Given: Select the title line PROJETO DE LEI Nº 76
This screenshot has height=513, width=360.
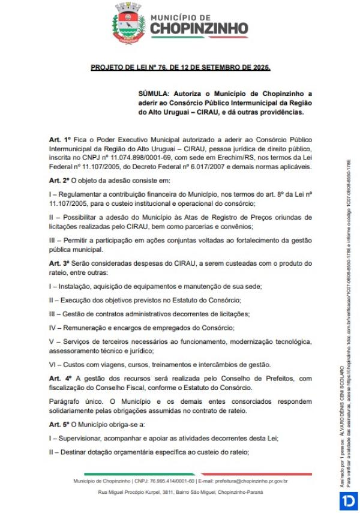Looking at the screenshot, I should tap(180, 68).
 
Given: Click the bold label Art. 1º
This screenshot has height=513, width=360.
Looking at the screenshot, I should tap(60, 139).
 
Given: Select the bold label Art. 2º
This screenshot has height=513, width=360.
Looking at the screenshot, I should tap(60, 180).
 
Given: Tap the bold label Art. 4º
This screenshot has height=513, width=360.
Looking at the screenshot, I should tap(61, 379).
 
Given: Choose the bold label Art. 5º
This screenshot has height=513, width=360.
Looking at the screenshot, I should tap(60, 425).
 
